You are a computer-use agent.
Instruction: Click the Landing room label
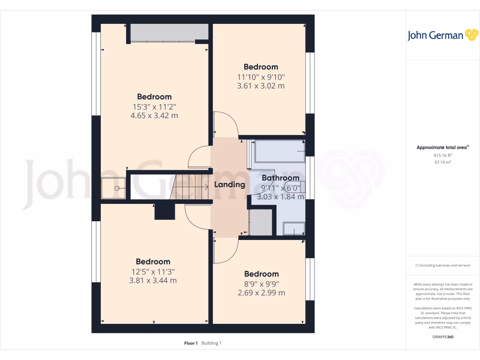(230, 185)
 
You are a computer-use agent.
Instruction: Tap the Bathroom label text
(280, 178)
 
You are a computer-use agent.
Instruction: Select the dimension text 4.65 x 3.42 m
(154, 115)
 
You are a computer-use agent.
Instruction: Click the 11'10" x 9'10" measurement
(261, 77)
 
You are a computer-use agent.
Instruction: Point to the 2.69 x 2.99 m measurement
(261, 293)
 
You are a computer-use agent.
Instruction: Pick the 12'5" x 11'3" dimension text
(153, 271)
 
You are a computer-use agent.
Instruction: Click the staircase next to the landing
(192, 187)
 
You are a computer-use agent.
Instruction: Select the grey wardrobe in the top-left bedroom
(169, 33)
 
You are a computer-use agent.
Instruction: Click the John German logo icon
(471, 35)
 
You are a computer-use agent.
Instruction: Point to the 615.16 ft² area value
(442, 155)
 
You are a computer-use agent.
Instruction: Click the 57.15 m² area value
(442, 162)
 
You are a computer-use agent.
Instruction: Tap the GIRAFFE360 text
(443, 337)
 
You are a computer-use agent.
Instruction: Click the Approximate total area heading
(442, 147)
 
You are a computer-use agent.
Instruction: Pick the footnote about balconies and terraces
(442, 266)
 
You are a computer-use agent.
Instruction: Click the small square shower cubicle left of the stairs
(114, 187)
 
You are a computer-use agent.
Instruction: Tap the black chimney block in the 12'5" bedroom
(164, 211)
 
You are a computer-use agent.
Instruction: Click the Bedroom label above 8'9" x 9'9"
(261, 274)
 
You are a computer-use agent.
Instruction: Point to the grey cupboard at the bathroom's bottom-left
(261, 222)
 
